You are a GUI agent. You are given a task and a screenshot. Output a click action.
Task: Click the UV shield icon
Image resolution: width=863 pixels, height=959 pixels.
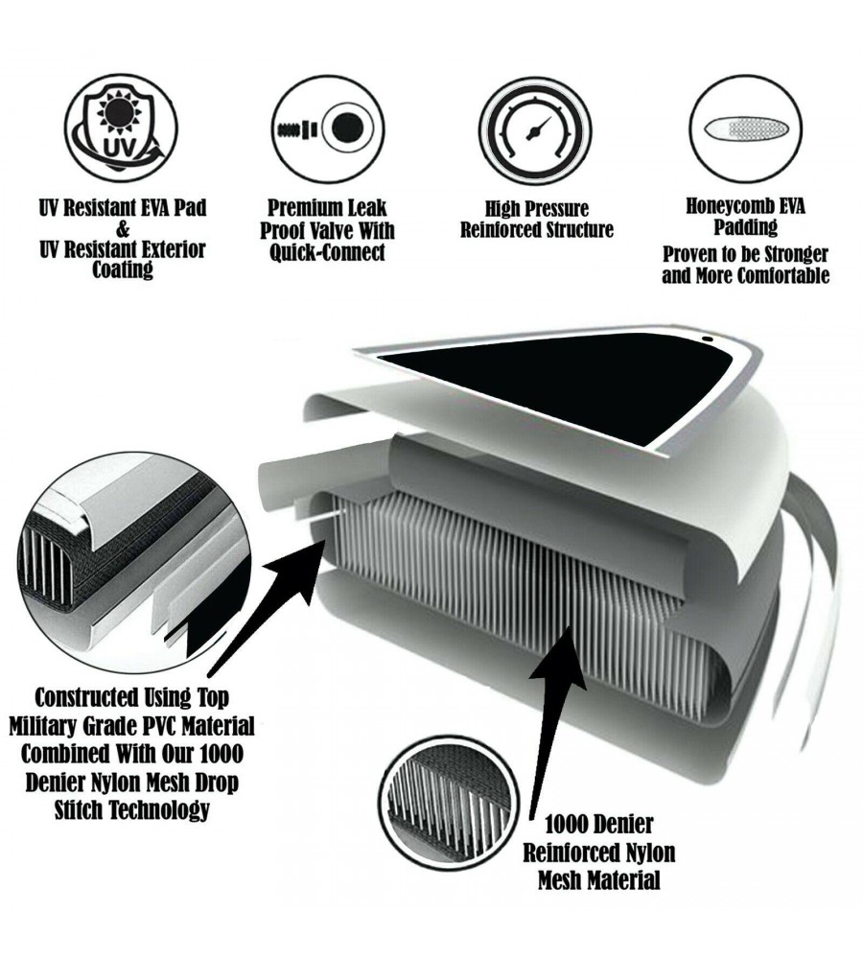pyautogui.click(x=121, y=129)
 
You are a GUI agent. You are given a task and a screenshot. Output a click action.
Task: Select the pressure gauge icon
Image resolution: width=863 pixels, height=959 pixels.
pyautogui.click(x=535, y=130)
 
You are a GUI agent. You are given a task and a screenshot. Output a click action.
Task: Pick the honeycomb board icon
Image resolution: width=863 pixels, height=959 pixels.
pyautogui.click(x=749, y=129)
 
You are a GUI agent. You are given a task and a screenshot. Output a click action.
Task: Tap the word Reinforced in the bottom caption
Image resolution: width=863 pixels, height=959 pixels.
pyautogui.click(x=569, y=853)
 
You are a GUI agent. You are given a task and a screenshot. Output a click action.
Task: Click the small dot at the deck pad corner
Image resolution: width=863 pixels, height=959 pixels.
pyautogui.click(x=706, y=339)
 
